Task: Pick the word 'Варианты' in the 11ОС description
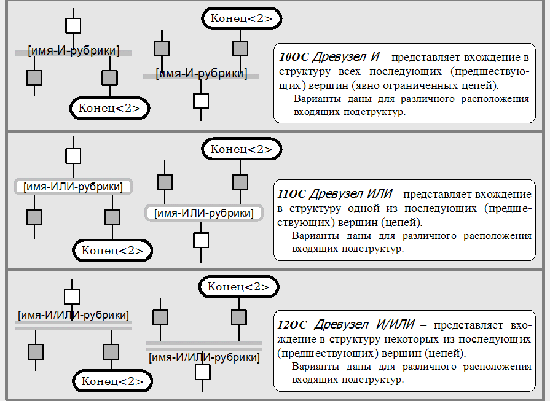click(314, 236)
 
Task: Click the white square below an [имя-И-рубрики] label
click(201, 101)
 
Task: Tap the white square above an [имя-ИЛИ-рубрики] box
click(73, 155)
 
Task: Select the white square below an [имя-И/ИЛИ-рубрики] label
click(203, 373)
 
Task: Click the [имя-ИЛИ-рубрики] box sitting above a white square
click(203, 213)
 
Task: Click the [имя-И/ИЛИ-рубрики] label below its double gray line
click(204, 357)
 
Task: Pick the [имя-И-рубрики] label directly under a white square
click(74, 50)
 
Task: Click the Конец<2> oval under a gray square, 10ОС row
click(110, 109)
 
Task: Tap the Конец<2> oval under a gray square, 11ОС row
click(112, 251)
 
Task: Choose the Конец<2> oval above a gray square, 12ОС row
click(238, 287)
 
